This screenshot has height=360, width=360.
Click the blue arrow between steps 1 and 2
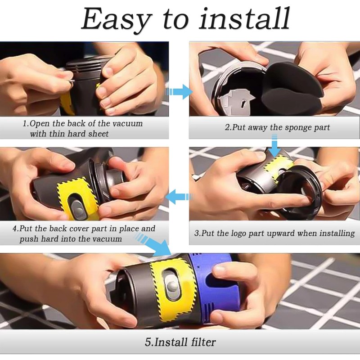click(179, 92)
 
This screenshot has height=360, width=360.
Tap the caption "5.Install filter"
click(180, 342)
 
